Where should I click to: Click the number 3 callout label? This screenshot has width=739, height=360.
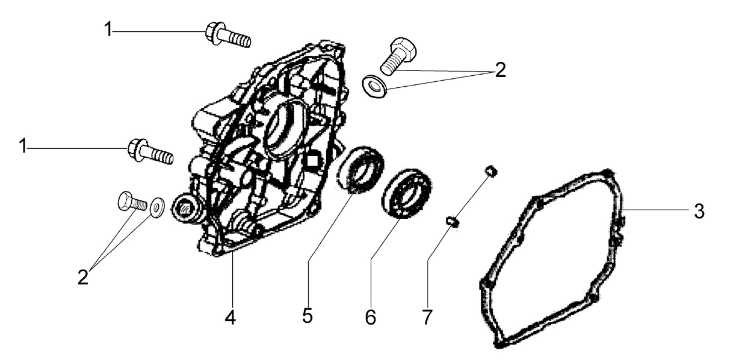pos(699,211)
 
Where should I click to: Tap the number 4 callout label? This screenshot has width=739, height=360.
pos(230,317)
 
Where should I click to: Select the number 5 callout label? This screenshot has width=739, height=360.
pos(307,315)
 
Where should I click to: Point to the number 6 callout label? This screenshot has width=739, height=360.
pos(371,317)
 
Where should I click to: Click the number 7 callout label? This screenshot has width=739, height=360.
pos(427,317)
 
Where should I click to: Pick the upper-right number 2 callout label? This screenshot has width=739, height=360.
pos(501,70)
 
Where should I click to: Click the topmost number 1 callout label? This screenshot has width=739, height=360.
pos(108,29)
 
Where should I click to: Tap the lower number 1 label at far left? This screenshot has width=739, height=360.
pos(23,146)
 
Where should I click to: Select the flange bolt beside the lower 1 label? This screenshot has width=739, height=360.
pos(150,152)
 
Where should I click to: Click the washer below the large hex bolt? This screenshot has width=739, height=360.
pos(375,87)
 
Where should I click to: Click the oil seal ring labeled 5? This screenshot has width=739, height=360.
pos(360,170)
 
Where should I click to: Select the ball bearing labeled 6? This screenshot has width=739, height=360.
pos(406,194)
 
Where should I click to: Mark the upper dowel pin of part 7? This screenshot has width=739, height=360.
pos(491,172)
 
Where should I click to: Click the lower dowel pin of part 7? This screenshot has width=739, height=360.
pos(453,222)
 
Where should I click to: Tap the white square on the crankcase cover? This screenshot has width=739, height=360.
pos(312,161)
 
